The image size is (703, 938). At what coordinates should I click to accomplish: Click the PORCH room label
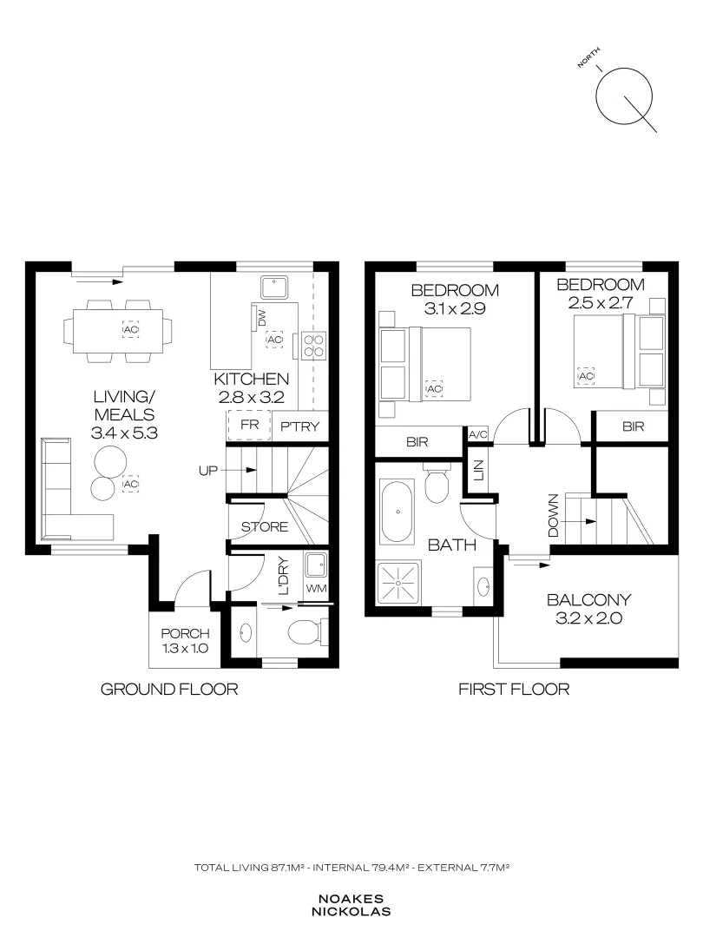(186, 633)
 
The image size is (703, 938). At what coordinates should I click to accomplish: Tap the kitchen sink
(274, 287)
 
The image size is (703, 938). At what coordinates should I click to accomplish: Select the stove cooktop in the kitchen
(313, 345)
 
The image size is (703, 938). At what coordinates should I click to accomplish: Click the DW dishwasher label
(262, 318)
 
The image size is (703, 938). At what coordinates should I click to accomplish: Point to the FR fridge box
(249, 426)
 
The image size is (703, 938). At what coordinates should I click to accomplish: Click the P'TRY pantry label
(300, 426)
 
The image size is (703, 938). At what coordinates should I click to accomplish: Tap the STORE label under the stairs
(264, 527)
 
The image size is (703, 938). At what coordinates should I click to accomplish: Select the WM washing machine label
(316, 588)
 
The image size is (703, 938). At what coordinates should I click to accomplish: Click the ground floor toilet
(308, 632)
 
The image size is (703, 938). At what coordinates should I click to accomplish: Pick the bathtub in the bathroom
(397, 512)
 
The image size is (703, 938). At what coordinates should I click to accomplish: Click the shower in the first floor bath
(398, 583)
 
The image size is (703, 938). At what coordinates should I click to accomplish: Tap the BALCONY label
(588, 599)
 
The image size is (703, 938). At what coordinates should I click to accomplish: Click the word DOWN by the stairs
(553, 515)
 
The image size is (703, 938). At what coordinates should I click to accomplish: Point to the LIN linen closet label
(478, 470)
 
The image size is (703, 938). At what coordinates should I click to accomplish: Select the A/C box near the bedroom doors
(478, 435)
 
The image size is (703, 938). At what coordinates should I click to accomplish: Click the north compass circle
(623, 96)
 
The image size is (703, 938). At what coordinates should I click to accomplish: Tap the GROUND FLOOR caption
(169, 689)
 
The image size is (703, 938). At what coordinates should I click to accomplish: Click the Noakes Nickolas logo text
(351, 906)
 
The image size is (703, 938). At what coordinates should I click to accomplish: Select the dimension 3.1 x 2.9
(455, 308)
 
